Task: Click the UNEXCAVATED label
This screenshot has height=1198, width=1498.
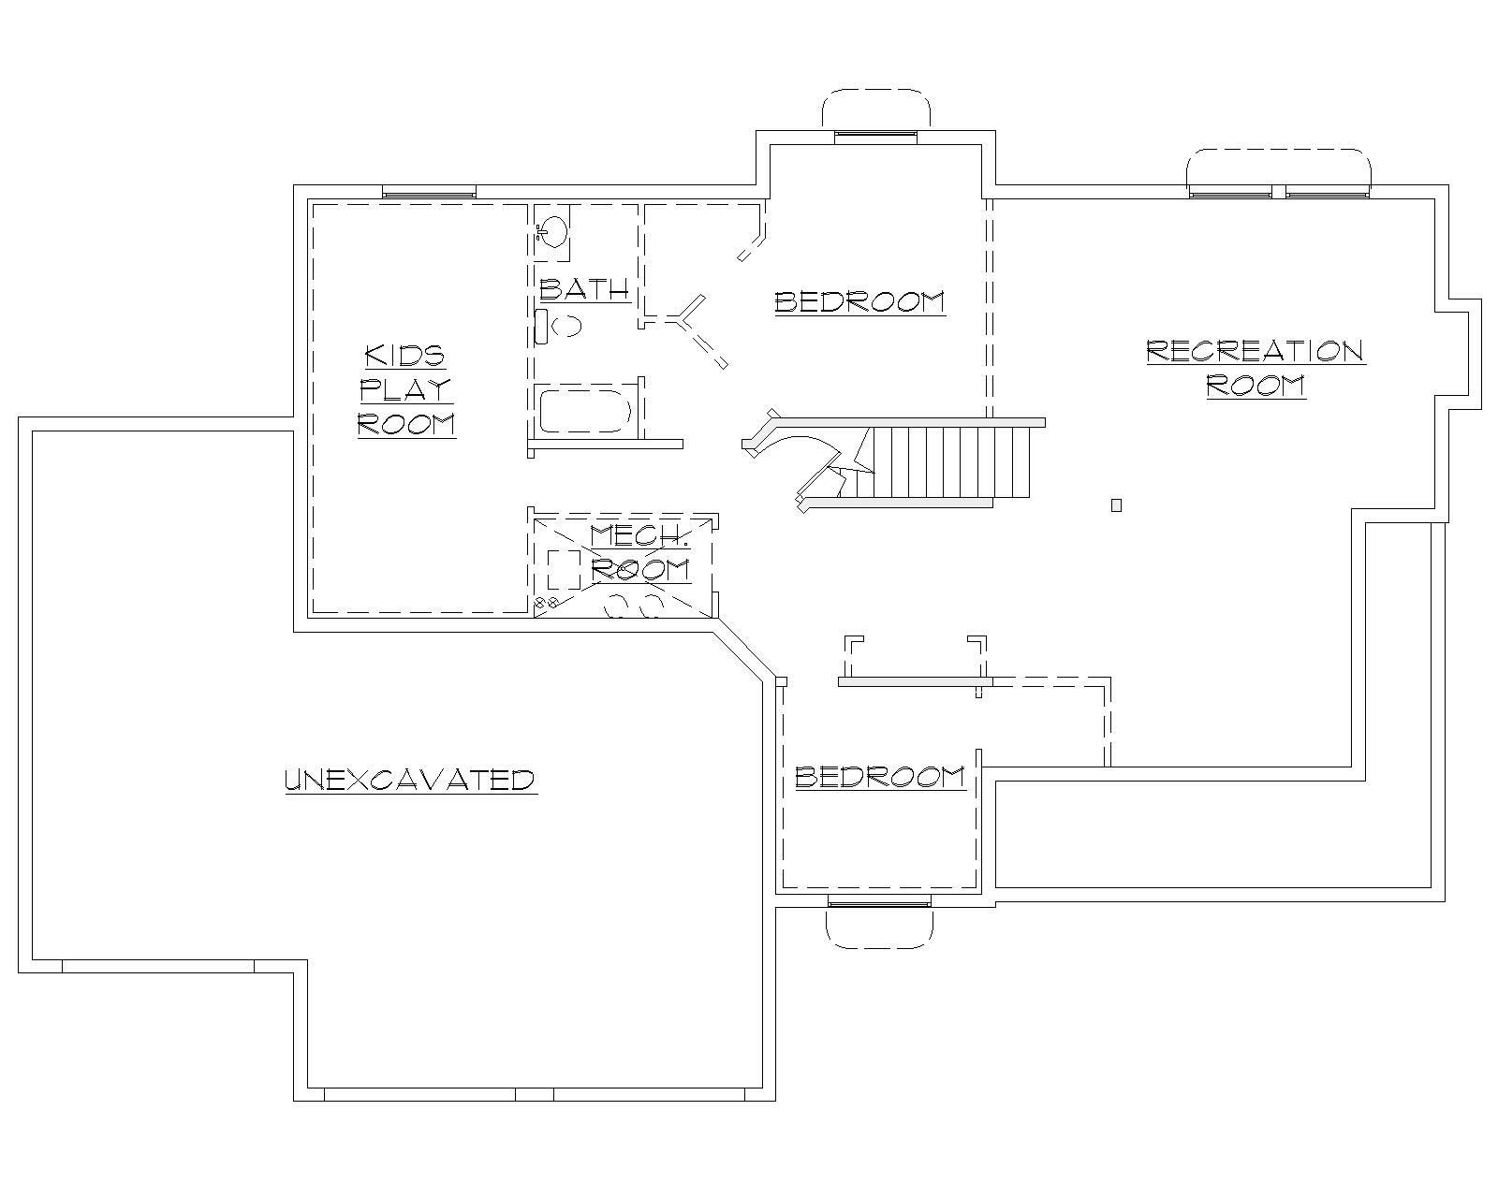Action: pyautogui.click(x=409, y=779)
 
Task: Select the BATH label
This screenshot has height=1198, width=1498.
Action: pyautogui.click(x=584, y=289)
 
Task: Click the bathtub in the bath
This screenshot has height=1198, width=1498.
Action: pyautogui.click(x=585, y=411)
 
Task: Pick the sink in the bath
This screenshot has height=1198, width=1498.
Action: pyautogui.click(x=552, y=229)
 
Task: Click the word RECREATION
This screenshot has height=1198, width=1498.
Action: pyautogui.click(x=1255, y=351)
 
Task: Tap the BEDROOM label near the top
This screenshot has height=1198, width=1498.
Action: pyautogui.click(x=859, y=301)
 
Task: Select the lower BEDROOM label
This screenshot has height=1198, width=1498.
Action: pyautogui.click(x=879, y=777)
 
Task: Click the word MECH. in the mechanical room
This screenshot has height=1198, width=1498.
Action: pyautogui.click(x=639, y=536)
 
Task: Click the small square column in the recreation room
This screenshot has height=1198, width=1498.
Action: pyautogui.click(x=1116, y=505)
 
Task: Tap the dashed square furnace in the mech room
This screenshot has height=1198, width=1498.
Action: pyautogui.click(x=564, y=569)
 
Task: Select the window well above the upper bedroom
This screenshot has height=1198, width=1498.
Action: pyautogui.click(x=876, y=110)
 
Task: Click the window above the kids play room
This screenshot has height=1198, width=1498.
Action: pyautogui.click(x=429, y=192)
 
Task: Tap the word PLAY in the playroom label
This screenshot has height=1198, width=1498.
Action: pyautogui.click(x=405, y=389)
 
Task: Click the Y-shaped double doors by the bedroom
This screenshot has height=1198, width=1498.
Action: pyautogui.click(x=694, y=328)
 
